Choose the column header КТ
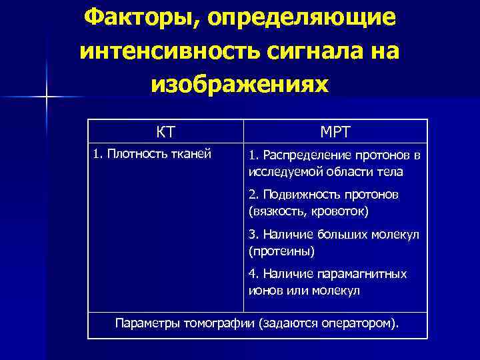(x=165, y=131)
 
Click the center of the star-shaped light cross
(x=47, y=97)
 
